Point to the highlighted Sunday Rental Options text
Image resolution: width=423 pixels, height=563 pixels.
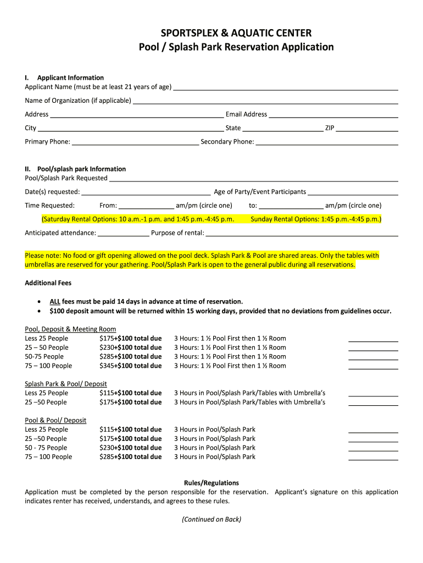pyautogui.click(x=316, y=219)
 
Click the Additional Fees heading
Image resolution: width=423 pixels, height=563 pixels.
pyautogui.click(x=48, y=283)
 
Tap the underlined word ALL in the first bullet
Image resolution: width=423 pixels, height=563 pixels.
pyautogui.click(x=55, y=301)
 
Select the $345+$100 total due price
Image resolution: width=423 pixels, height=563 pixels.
pyautogui.click(x=130, y=366)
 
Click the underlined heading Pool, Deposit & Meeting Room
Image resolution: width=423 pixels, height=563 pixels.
pyautogui.click(x=70, y=329)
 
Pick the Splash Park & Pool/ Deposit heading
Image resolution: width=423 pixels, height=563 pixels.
pyautogui.click(x=66, y=384)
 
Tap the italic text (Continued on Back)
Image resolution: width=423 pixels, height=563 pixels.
pyautogui.click(x=211, y=519)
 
